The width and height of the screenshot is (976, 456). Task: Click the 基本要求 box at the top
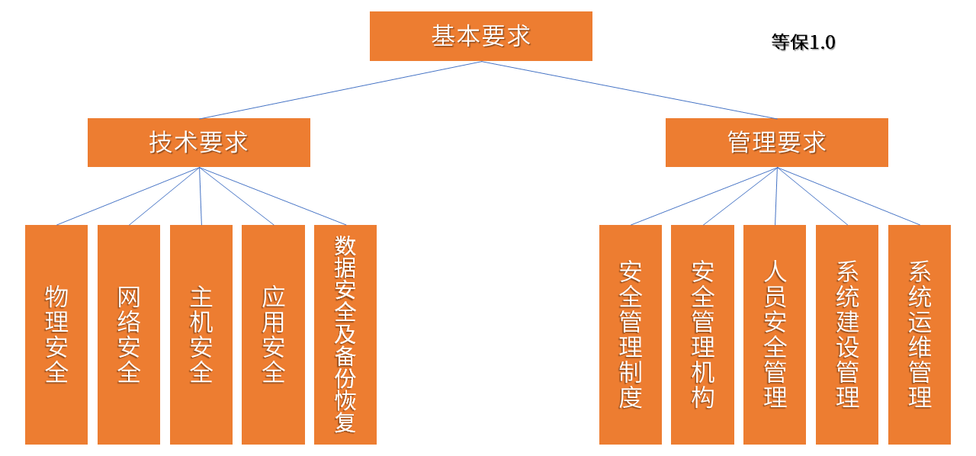pyautogui.click(x=480, y=36)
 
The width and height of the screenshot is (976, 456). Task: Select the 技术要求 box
pyautogui.click(x=198, y=142)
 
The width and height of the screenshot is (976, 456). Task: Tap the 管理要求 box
pyautogui.click(x=776, y=142)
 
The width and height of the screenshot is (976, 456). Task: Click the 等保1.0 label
pyautogui.click(x=803, y=43)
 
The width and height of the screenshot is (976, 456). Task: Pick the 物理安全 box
pyautogui.click(x=56, y=334)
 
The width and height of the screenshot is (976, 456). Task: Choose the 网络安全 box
pyautogui.click(x=129, y=334)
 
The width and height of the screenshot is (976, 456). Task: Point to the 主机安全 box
pyautogui.click(x=201, y=334)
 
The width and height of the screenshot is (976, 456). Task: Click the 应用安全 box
pyautogui.click(x=273, y=334)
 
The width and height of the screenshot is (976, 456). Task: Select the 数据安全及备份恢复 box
pyautogui.click(x=345, y=334)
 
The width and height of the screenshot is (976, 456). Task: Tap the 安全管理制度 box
pyautogui.click(x=630, y=334)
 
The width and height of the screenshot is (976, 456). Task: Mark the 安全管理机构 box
pyautogui.click(x=702, y=334)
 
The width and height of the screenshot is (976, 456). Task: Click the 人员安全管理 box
pyautogui.click(x=775, y=334)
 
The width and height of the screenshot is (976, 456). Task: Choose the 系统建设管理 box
pyautogui.click(x=847, y=334)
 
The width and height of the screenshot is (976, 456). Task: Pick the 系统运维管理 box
pyautogui.click(x=920, y=334)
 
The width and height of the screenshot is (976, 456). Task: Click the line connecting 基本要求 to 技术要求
pyautogui.click(x=340, y=90)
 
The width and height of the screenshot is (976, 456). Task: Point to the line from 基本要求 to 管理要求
pyautogui.click(x=629, y=90)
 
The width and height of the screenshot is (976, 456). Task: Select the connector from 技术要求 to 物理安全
pyautogui.click(x=128, y=196)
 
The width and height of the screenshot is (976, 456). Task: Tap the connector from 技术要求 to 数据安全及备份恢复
pyautogui.click(x=272, y=196)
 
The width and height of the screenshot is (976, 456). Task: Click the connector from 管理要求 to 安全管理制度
pyautogui.click(x=704, y=196)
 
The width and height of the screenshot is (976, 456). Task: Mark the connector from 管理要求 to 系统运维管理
pyautogui.click(x=849, y=196)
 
